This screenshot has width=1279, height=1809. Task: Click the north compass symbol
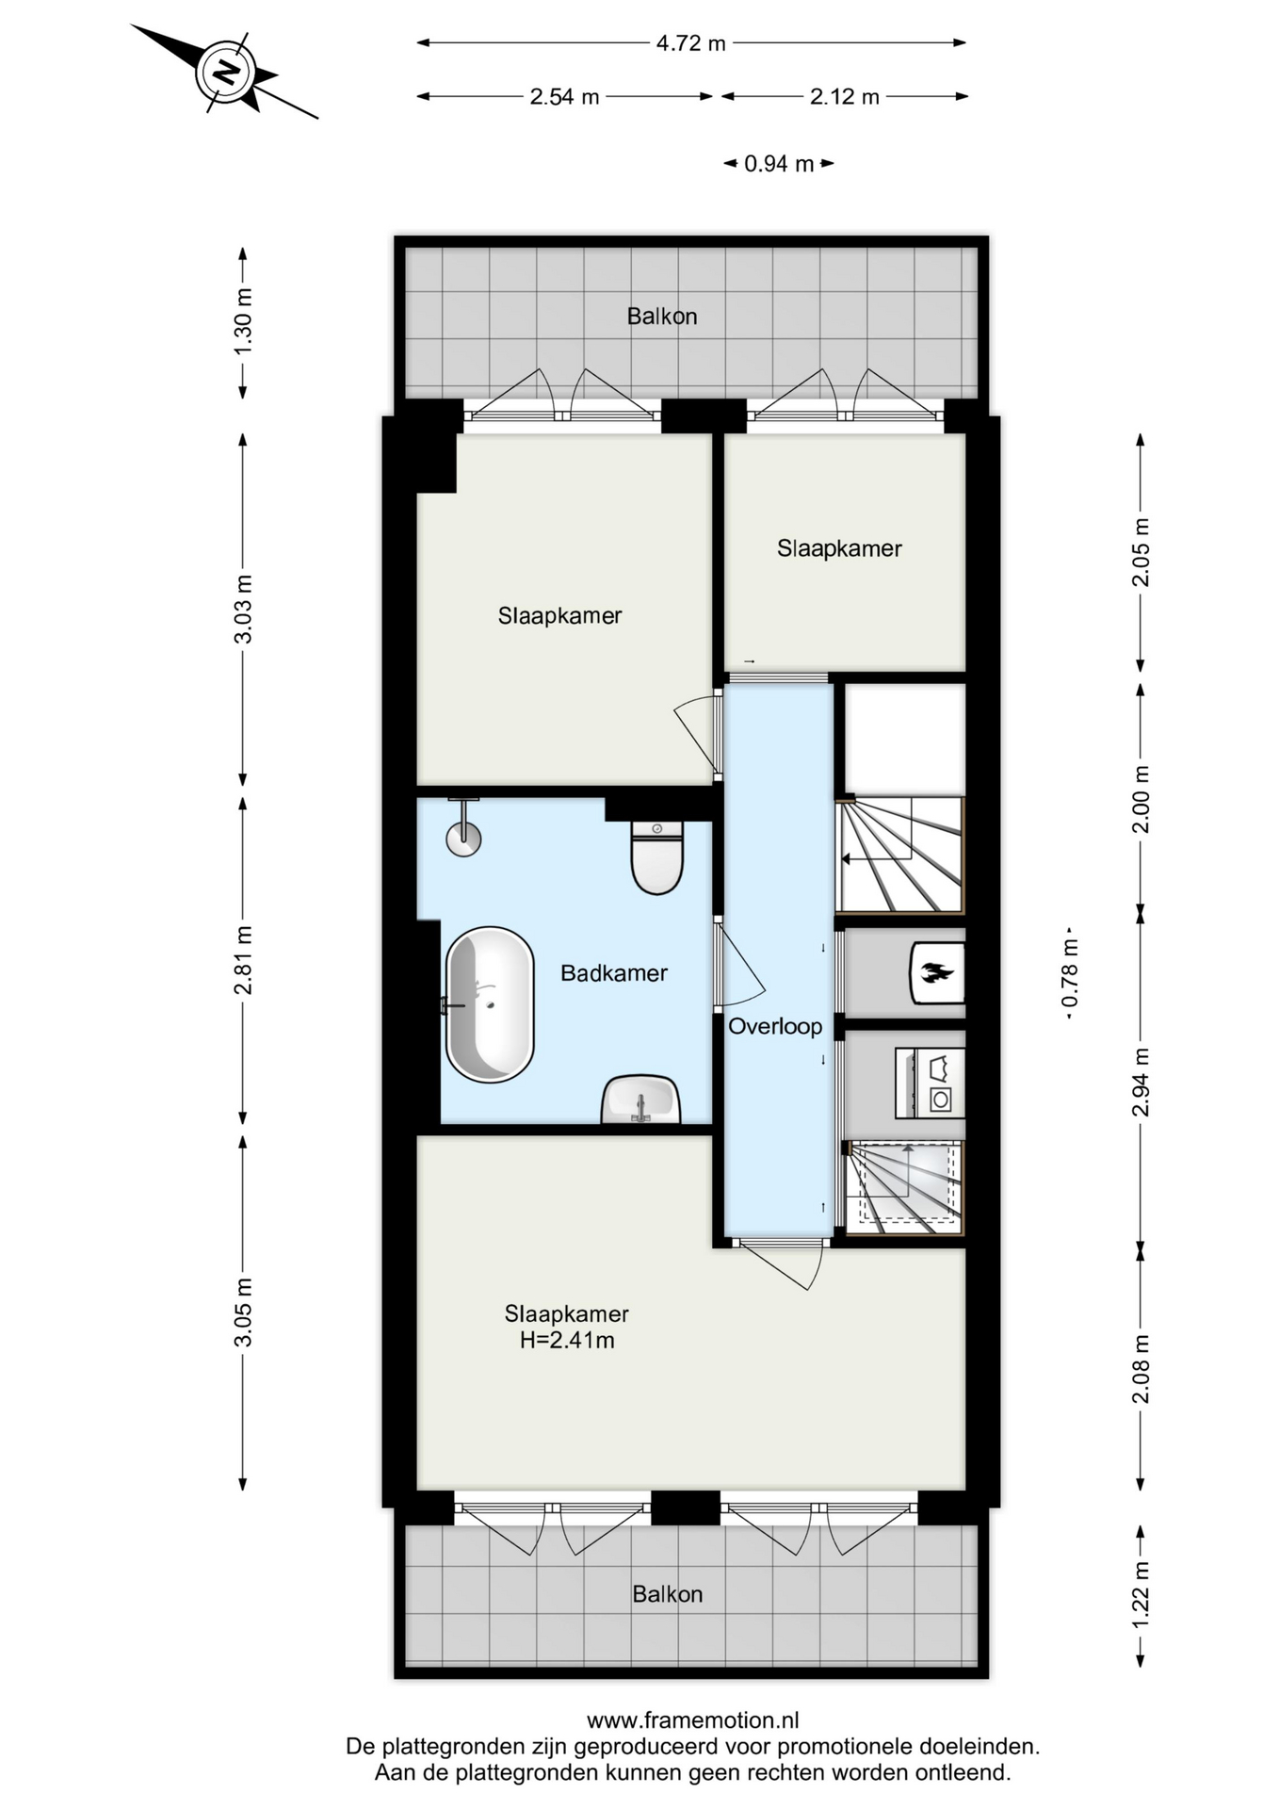[x=226, y=73]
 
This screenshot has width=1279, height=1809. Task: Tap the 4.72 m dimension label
[x=691, y=42]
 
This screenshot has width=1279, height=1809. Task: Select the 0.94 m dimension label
[x=779, y=164]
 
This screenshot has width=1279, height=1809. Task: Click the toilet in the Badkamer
[x=657, y=856]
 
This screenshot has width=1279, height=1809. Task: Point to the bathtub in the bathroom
[x=490, y=1005]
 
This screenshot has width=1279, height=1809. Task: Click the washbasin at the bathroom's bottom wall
[x=641, y=1100]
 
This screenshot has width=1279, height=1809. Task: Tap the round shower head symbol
[x=463, y=839]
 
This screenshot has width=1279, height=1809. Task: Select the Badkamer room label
[x=614, y=973]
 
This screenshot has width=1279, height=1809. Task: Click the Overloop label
[x=775, y=1026]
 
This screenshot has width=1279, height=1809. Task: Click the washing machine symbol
[x=930, y=1084]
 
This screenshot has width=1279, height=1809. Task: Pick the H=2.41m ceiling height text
[x=567, y=1340]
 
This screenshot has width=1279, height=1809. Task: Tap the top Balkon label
[x=662, y=317]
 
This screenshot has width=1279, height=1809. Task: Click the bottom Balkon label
[x=668, y=1594]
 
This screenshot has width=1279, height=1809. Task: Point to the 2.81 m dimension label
[x=243, y=960]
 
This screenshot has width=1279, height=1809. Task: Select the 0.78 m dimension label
[x=1070, y=973]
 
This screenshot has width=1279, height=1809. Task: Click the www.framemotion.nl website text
[x=693, y=1720]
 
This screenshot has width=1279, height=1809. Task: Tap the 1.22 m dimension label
[x=1141, y=1594]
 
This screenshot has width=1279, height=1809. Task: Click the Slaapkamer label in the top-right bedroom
[x=839, y=548]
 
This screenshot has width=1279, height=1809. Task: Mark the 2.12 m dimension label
[x=845, y=96]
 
